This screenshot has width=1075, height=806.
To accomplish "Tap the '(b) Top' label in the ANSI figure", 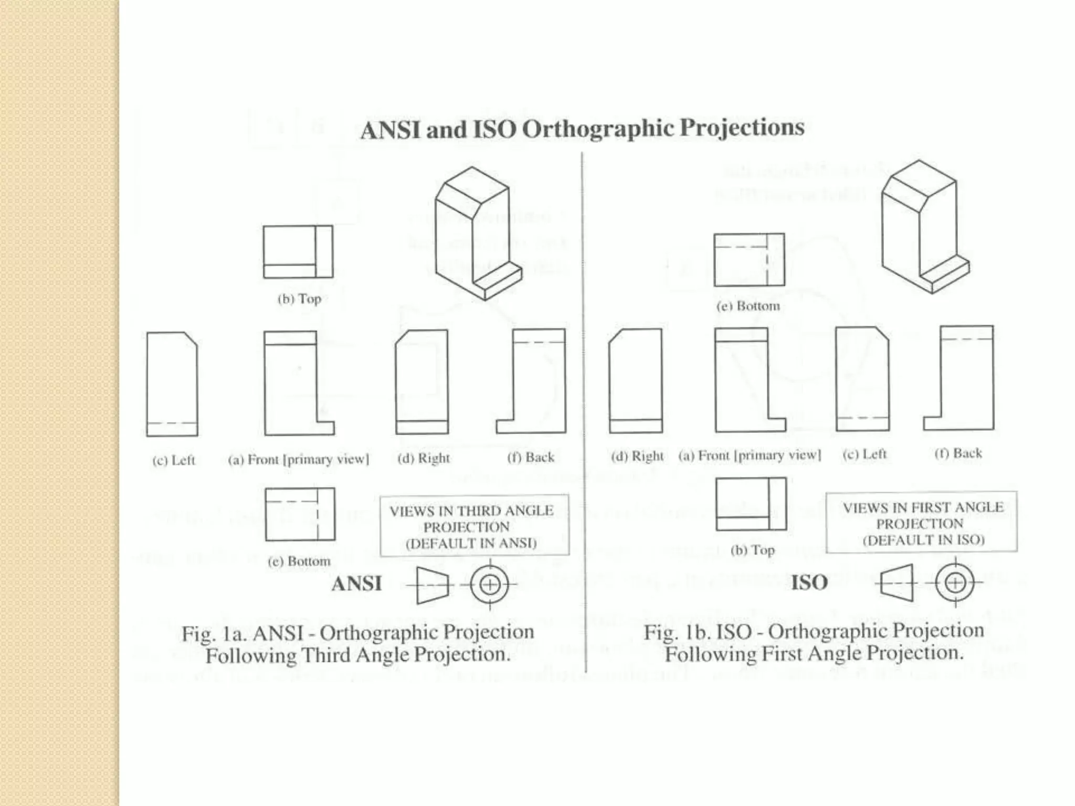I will click(299, 299).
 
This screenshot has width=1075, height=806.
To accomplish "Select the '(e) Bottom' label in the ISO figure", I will click(748, 306).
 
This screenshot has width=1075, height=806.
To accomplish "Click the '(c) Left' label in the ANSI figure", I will click(174, 460).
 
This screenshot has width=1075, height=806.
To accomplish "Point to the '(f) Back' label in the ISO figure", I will click(958, 453).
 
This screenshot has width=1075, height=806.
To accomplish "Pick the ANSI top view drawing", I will click(298, 252).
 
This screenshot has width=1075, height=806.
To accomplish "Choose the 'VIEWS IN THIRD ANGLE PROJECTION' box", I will click(474, 526).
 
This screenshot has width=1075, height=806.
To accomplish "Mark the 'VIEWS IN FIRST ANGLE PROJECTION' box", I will click(921, 523).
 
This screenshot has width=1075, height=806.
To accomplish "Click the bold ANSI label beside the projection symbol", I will click(356, 584).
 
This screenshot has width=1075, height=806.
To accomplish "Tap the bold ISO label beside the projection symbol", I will click(809, 582).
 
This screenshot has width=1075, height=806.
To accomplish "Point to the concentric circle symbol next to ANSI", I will click(490, 585).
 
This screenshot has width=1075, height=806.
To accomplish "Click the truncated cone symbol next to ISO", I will click(897, 582).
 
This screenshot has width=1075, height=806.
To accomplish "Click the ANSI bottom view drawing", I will click(300, 514).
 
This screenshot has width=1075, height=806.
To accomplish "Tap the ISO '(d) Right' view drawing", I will click(636, 381).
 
